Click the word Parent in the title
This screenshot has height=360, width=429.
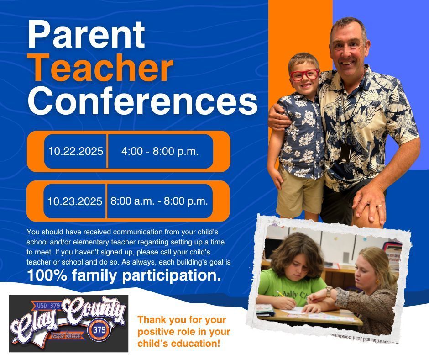(87, 36)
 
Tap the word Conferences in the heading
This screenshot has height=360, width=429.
(142, 102)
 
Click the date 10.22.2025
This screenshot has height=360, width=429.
(76, 151)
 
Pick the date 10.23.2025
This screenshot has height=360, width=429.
(75, 201)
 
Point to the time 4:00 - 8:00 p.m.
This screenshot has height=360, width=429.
(160, 151)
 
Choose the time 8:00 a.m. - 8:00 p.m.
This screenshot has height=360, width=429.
(159, 201)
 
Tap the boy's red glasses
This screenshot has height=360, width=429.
(304, 75)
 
